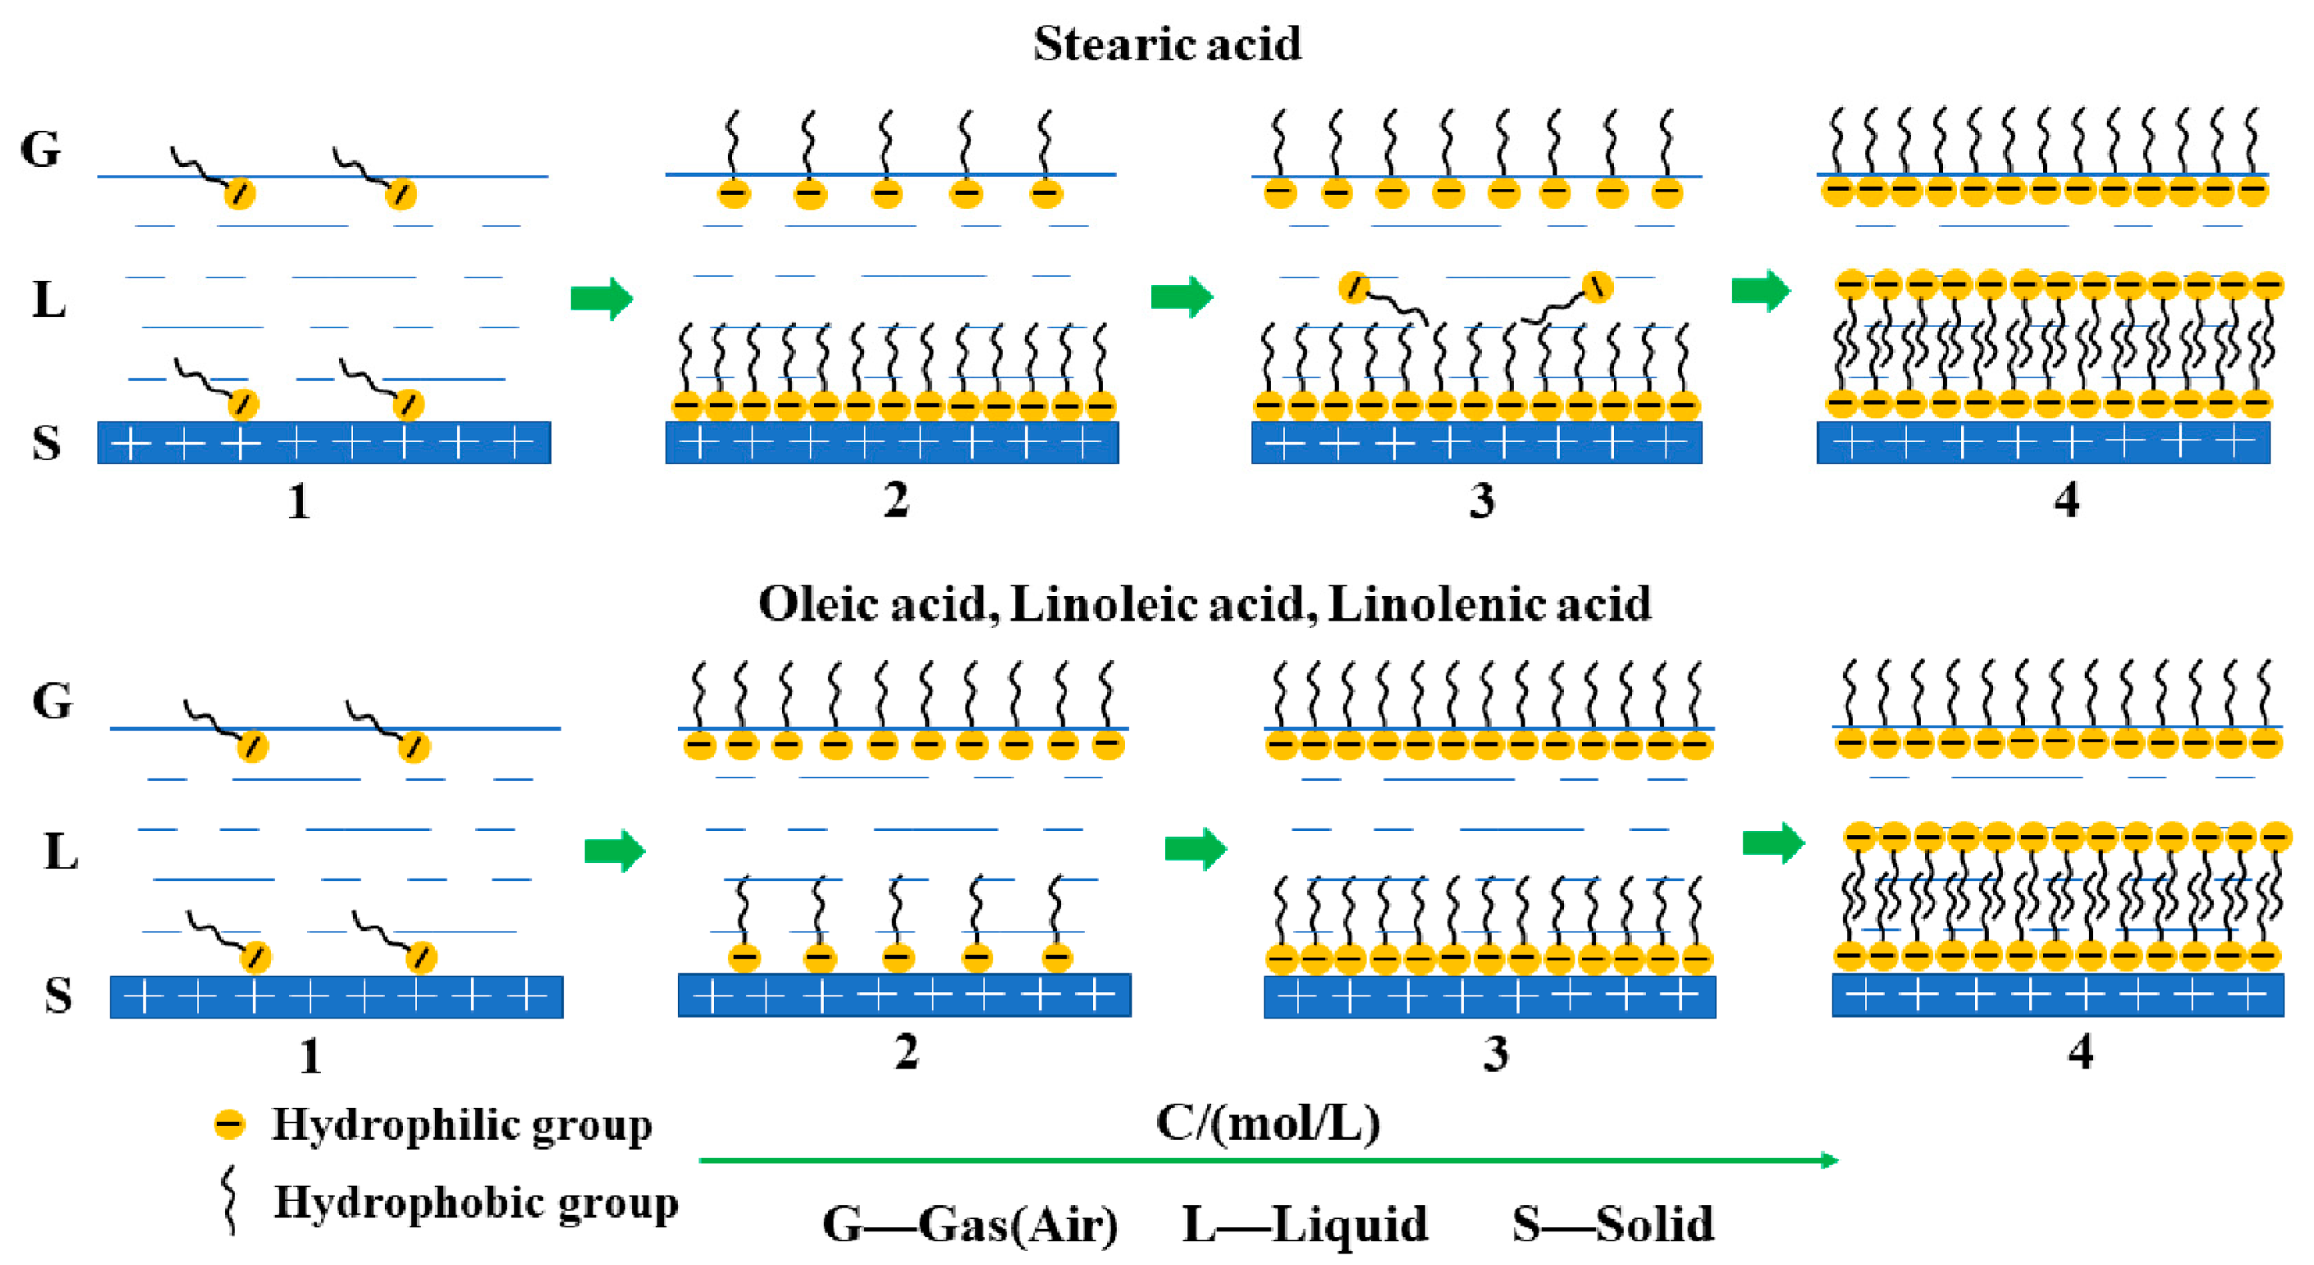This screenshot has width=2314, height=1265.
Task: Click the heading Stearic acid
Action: point(1166,43)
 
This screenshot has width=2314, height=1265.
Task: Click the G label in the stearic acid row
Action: point(40,149)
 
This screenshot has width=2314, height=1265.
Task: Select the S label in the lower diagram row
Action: point(57,996)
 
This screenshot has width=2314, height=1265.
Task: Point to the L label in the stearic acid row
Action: point(48,299)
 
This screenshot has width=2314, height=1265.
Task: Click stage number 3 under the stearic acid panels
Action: point(1481,500)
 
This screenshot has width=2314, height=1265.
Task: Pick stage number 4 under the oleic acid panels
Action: point(2080,1051)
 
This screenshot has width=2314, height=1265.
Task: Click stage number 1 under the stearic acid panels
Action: point(299,501)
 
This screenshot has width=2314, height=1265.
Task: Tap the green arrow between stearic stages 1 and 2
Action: point(602,298)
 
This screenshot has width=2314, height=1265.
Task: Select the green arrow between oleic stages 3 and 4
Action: point(1774,843)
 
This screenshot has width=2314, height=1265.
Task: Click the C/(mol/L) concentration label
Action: point(1268,1123)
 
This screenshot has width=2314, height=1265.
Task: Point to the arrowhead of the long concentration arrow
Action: point(1829,1160)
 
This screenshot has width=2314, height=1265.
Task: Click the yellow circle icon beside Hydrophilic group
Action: point(229,1124)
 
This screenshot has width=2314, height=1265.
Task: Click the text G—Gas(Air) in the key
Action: point(970,1224)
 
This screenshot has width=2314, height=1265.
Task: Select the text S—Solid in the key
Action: point(1612,1224)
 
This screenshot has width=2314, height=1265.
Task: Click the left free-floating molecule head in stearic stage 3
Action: point(1354,287)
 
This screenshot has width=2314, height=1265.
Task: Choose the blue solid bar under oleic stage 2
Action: point(904,996)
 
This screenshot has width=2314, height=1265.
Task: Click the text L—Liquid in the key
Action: point(1304,1224)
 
